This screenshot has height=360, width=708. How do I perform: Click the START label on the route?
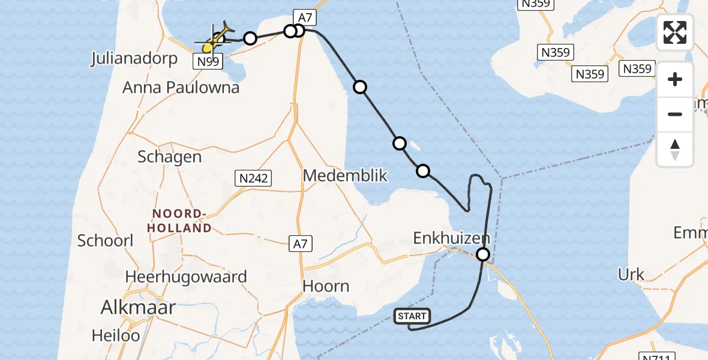tap(412, 316)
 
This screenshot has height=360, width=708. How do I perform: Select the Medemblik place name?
tap(345, 176)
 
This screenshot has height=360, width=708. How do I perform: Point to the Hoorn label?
tap(326, 286)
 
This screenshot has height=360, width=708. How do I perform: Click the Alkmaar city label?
tap(138, 308)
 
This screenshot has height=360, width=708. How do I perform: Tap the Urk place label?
tap(631, 275)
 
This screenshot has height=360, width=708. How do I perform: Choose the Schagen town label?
tap(169, 157)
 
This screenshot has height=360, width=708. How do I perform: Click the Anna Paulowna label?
tap(181, 88)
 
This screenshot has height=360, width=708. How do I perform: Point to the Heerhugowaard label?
tap(186, 277)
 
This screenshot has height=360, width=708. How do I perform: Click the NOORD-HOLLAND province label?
tap(182, 221)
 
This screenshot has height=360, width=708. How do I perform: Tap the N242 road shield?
tap(253, 178)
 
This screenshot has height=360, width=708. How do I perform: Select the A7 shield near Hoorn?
tap(300, 244)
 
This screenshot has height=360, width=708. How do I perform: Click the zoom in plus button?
tap(675, 79)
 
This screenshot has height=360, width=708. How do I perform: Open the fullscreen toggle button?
tap(675, 32)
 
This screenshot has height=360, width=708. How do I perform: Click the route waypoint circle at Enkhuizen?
tap(483, 255)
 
